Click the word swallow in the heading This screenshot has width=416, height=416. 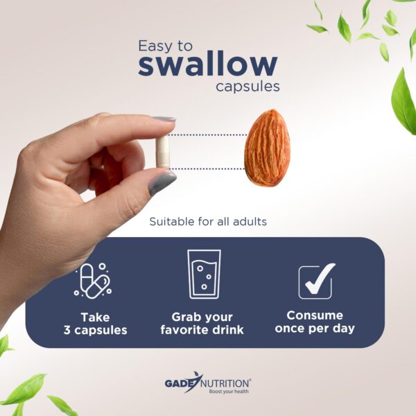207,65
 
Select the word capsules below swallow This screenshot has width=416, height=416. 248,87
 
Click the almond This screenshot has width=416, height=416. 267,147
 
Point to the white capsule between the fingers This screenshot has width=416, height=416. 163,151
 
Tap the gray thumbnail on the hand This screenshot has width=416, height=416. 162,183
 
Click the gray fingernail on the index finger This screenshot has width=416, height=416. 164,119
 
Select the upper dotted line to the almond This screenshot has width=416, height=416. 208,135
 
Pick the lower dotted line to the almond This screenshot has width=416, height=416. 208,168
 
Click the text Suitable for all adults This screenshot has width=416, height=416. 208,223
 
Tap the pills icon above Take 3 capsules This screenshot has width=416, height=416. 94,280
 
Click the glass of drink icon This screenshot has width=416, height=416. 204,274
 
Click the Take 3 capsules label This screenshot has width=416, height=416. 95,323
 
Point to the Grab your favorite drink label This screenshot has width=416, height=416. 202,323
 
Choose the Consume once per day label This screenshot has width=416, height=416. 315,322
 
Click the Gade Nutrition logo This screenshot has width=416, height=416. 207,382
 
